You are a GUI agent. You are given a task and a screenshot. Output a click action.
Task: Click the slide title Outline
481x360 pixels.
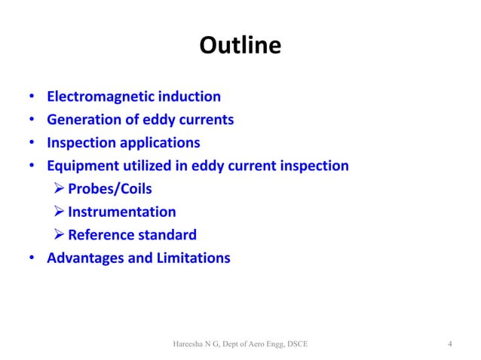tap(240, 47)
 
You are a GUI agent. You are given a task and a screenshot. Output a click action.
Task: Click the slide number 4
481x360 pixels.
tap(449, 345)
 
